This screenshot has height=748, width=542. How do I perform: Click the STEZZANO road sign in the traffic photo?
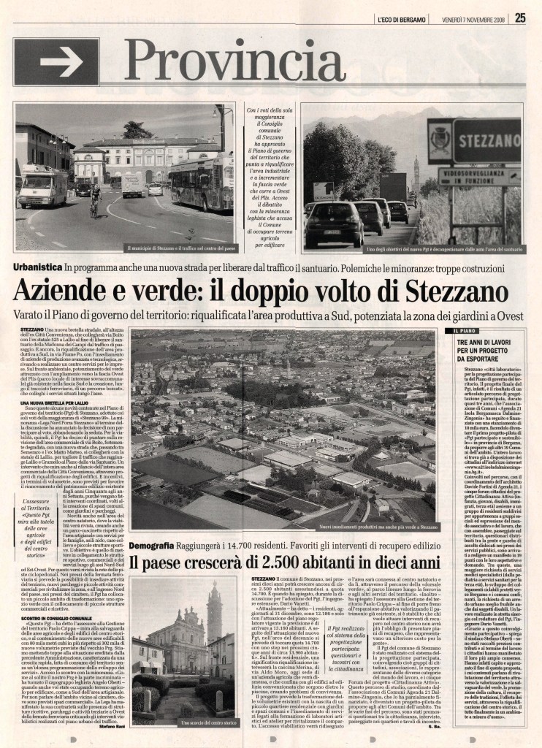pyautogui.click(x=486, y=140)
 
